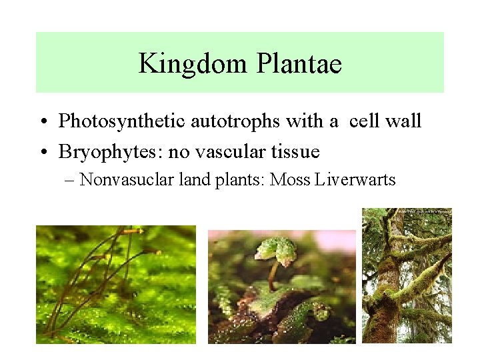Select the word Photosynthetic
123,121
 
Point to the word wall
404,121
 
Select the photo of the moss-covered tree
407,275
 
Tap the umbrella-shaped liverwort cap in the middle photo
277,247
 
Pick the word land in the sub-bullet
199,180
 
